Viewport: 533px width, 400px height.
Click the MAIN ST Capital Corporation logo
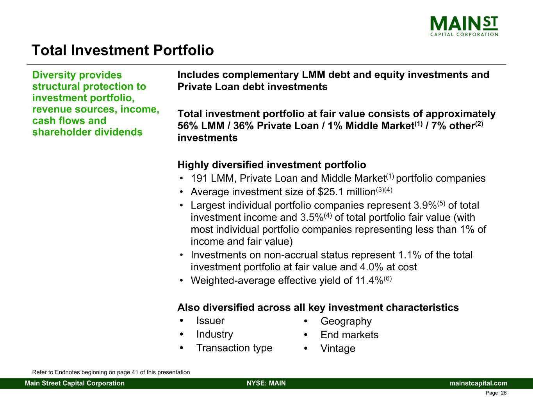[464, 26]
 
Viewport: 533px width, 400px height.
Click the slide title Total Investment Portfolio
[123, 50]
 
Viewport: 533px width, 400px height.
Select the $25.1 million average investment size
[347, 192]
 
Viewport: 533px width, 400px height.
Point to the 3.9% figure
[425, 205]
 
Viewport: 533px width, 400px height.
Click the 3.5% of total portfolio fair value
[312, 218]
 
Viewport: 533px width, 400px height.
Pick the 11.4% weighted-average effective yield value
[369, 281]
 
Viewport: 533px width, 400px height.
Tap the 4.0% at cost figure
[371, 267]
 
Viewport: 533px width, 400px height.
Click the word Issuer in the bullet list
[210, 321]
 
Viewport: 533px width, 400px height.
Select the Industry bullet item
[215, 334]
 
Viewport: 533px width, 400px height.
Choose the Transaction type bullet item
[234, 348]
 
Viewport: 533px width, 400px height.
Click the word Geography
[346, 321]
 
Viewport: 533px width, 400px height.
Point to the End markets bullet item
[349, 335]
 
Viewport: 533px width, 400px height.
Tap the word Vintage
[338, 348]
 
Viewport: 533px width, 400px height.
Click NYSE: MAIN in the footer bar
[266, 383]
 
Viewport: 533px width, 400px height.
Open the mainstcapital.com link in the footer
[478, 383]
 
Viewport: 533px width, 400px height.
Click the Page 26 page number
[496, 393]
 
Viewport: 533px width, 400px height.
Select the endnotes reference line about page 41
[111, 372]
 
